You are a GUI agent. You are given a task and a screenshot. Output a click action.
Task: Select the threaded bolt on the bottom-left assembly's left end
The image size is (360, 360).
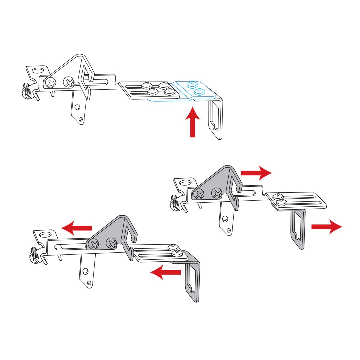35,255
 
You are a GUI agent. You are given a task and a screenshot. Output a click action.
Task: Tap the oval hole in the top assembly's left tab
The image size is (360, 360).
38,71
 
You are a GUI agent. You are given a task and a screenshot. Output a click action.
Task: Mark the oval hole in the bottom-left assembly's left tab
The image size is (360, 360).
46,235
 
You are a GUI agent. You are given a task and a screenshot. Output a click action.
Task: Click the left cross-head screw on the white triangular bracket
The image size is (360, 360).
51,82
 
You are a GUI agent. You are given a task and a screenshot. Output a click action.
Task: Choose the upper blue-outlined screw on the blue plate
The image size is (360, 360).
192,84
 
